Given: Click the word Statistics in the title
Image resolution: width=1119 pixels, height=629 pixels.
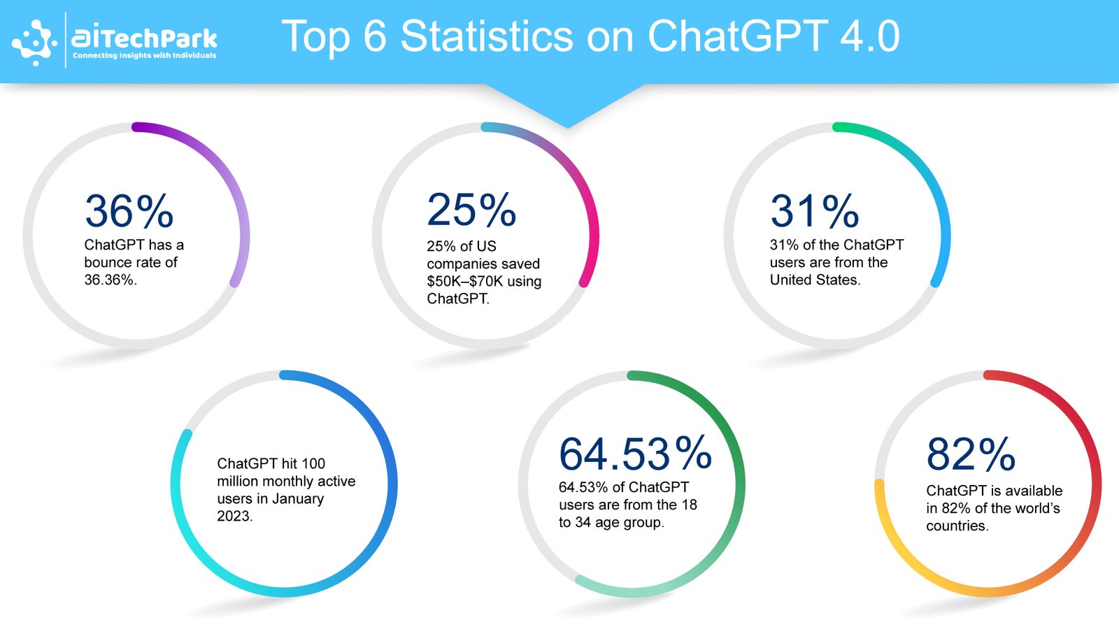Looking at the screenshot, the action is coord(487,36).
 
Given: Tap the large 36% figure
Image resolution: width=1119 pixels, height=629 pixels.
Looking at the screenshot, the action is coord(129,211).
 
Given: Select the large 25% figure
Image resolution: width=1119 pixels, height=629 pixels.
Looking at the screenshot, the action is coord(471,210).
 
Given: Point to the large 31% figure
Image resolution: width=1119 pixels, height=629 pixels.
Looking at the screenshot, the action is coord(814,211).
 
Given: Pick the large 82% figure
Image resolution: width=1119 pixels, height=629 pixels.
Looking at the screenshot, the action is coord(971,454).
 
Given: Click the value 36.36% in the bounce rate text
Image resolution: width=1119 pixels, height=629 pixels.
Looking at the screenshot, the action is coord(111,280).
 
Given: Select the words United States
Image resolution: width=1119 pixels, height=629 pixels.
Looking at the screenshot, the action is coord(815,280).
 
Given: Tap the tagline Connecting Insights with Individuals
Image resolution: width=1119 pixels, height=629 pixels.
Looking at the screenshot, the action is coord(144,55).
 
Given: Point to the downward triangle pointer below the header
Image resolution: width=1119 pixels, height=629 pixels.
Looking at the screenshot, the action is coord(566,106).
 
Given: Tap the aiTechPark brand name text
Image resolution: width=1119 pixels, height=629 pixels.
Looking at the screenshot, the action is coord(144,38).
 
